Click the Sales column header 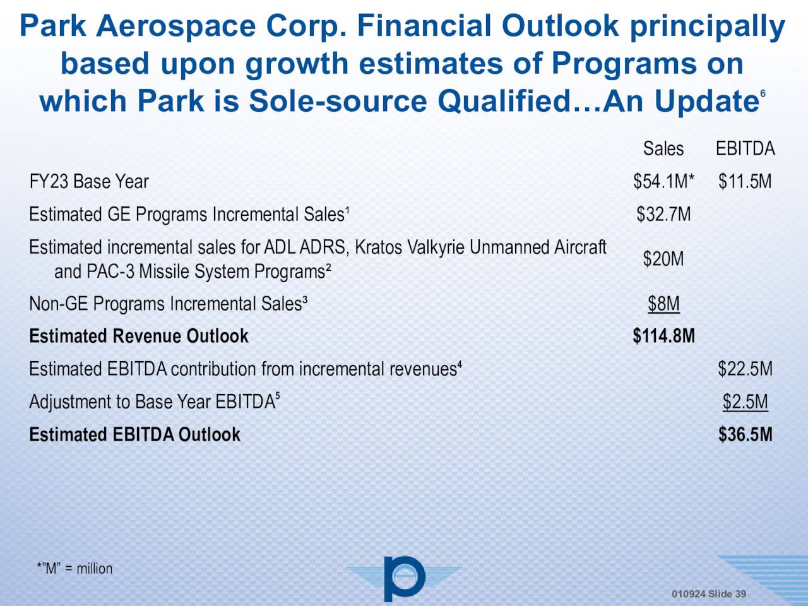point(663,149)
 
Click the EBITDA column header point(745,149)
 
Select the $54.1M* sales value point(663,182)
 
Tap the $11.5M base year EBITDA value point(745,182)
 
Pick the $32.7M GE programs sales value point(663,215)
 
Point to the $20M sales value point(663,259)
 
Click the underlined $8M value point(663,304)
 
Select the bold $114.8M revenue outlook point(663,336)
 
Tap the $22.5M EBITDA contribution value point(745,369)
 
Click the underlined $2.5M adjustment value point(745,402)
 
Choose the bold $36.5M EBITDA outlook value point(745,435)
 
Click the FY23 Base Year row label point(89,182)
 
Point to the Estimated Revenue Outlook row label point(139,336)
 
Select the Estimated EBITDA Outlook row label point(134,435)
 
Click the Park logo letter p point(403,578)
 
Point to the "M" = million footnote point(74,569)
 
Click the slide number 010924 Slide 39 point(708,594)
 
